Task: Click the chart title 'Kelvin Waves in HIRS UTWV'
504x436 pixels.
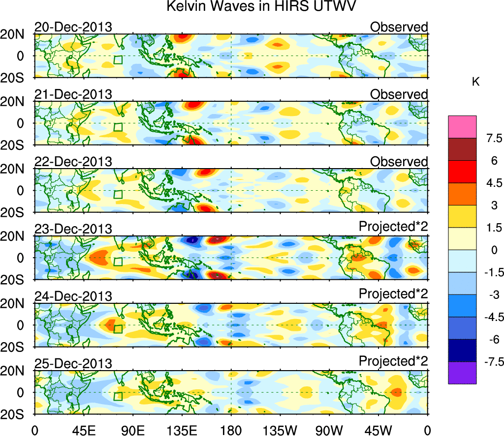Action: click(x=261, y=7)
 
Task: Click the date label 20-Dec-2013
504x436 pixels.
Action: click(x=73, y=27)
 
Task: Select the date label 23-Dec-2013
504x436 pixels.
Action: click(x=73, y=229)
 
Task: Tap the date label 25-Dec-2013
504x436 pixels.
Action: click(x=73, y=364)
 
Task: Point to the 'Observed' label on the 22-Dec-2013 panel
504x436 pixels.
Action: click(x=399, y=162)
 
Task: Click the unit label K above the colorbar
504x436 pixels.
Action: click(x=475, y=82)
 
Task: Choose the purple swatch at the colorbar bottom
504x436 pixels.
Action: click(x=462, y=373)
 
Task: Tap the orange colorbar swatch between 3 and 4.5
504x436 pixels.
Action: click(x=462, y=194)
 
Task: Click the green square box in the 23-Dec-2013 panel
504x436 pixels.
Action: click(x=118, y=262)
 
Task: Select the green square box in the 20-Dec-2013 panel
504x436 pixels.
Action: click(x=118, y=60)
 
